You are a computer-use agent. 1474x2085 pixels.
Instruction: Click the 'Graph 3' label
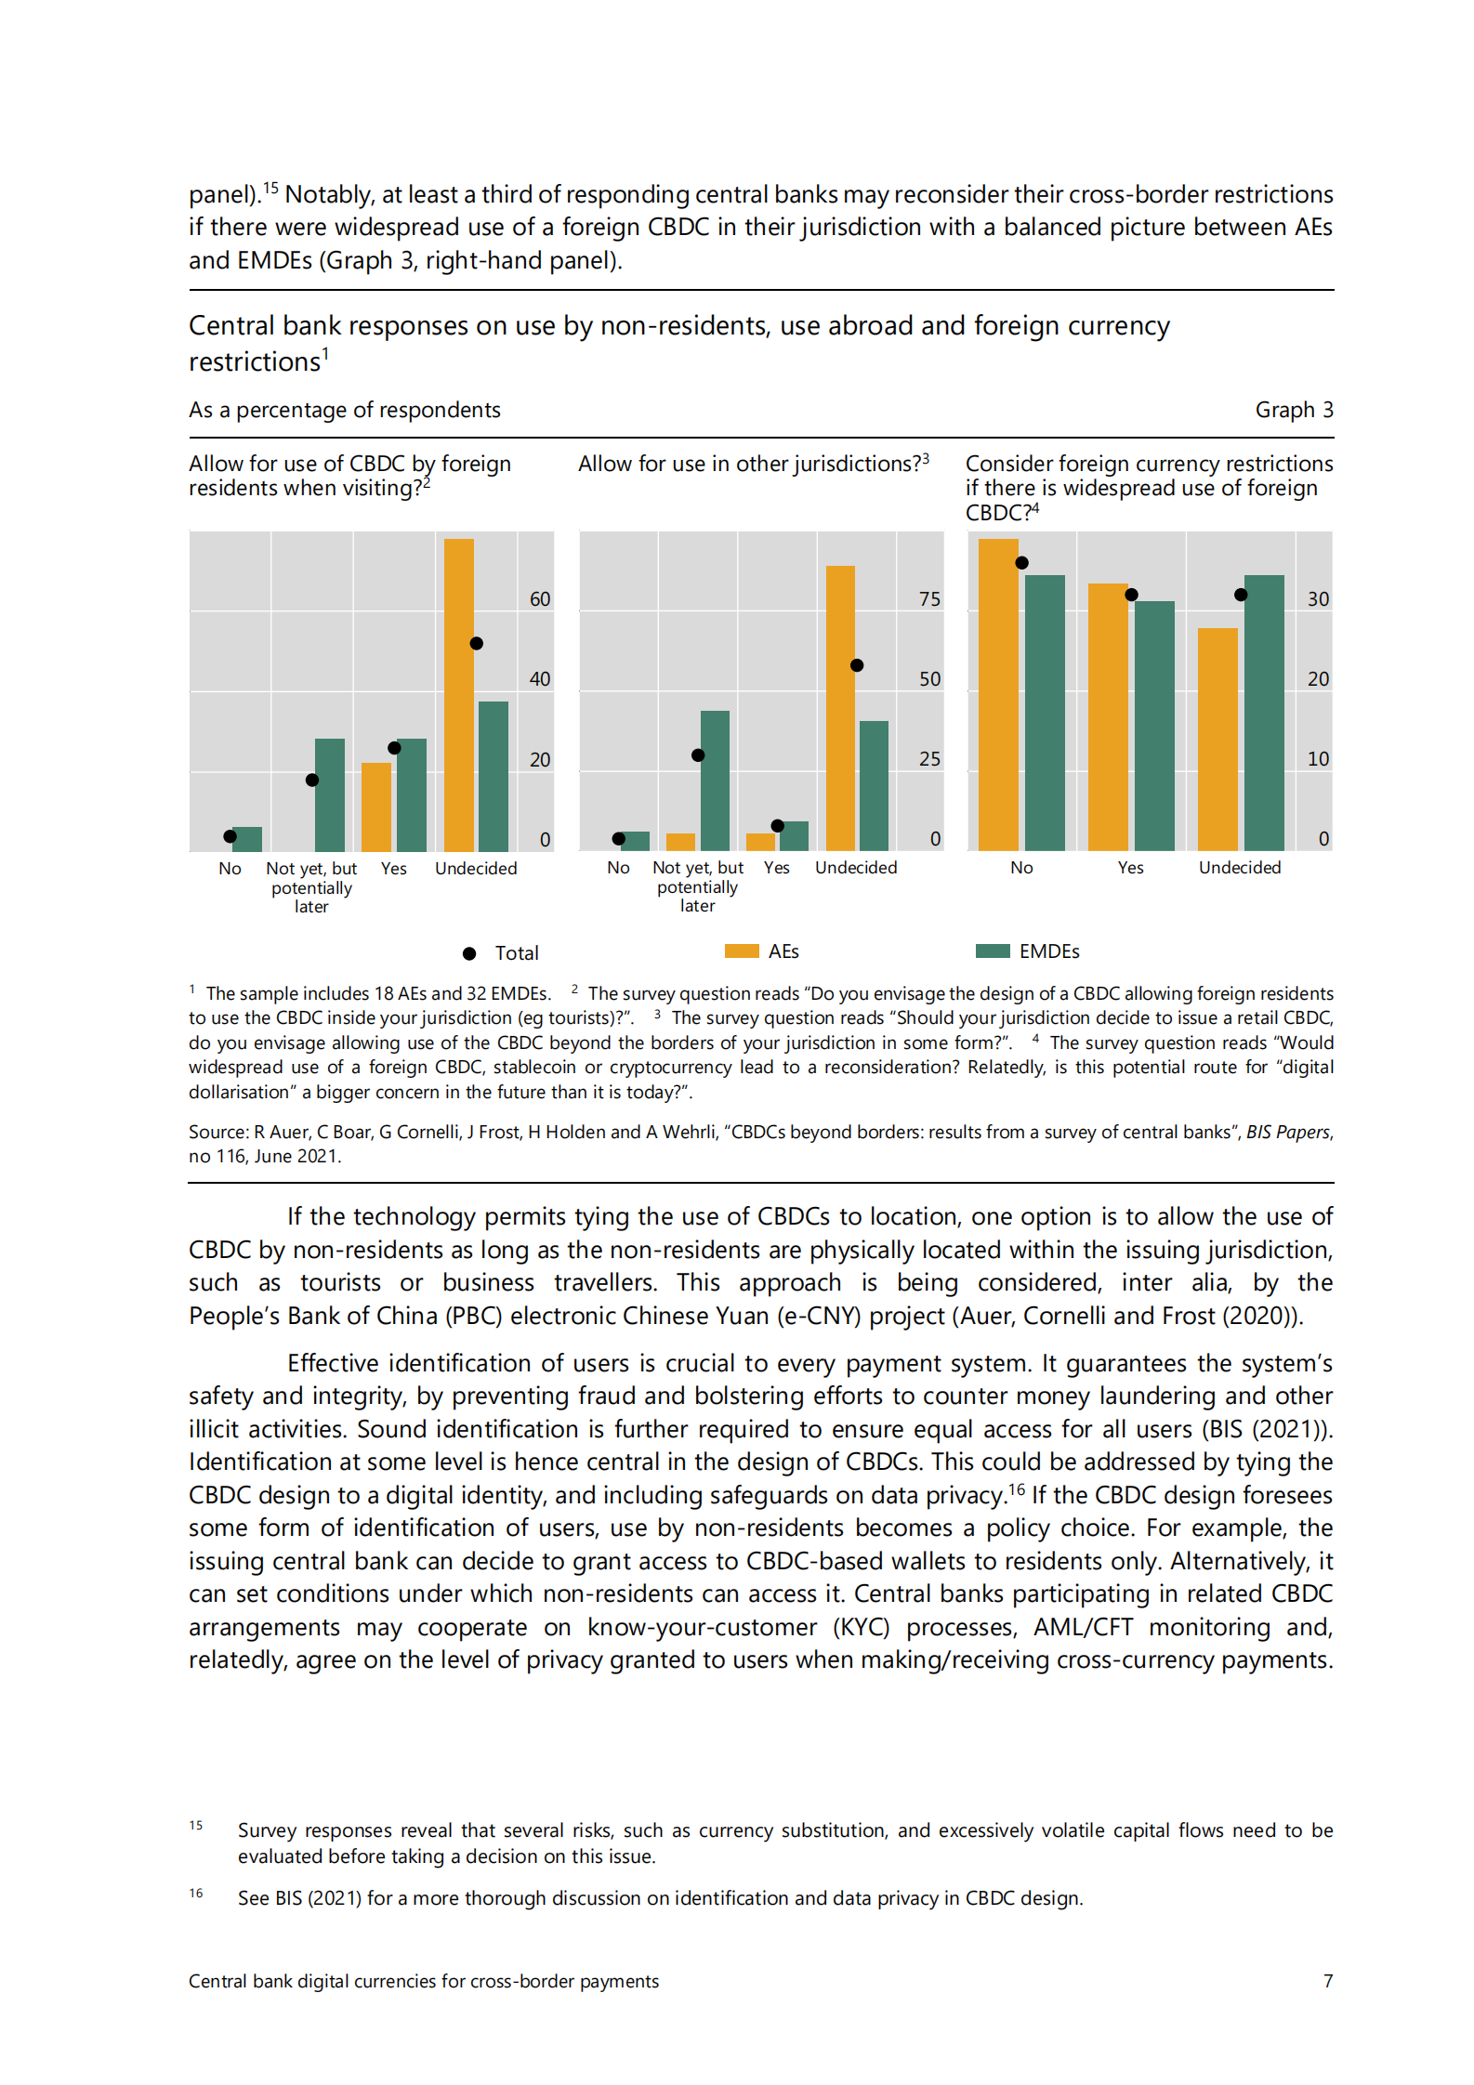[x=1293, y=410]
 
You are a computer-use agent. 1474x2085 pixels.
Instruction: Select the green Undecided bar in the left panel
[x=494, y=776]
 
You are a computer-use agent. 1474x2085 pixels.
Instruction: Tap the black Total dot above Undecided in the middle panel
[x=857, y=665]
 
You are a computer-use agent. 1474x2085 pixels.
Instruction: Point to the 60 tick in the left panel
[x=540, y=599]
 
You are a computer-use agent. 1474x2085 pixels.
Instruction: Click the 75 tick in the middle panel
[x=929, y=599]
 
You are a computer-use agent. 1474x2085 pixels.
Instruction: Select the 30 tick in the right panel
[x=1318, y=599]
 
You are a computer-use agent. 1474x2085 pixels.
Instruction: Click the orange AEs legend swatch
[x=742, y=951]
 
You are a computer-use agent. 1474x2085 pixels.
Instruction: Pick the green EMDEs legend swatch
[x=993, y=951]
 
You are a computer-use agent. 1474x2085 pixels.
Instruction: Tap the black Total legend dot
[x=469, y=953]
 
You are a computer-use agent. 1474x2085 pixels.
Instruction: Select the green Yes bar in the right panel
[x=1154, y=725]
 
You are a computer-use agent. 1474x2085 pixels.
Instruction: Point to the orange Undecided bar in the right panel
[x=1217, y=739]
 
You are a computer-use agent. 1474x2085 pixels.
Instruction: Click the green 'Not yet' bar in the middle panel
[x=715, y=780]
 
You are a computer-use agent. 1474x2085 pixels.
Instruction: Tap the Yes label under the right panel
[x=1130, y=867]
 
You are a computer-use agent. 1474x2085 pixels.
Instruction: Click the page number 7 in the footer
[x=1328, y=1981]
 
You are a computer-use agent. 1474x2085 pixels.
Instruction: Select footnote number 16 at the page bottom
[x=196, y=1893]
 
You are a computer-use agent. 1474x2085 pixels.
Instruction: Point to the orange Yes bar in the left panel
[x=376, y=806]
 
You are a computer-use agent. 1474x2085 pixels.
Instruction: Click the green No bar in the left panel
[x=247, y=839]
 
